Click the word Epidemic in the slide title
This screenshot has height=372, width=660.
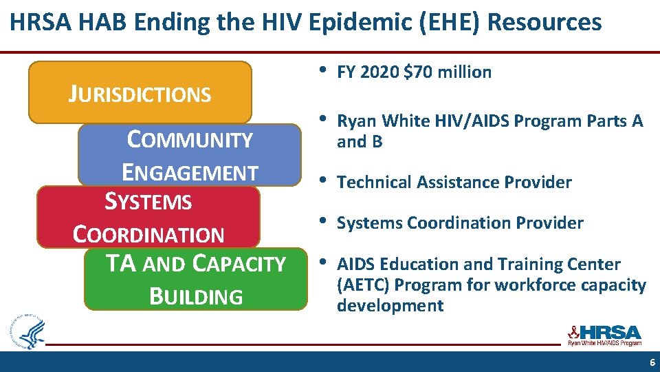(x=357, y=23)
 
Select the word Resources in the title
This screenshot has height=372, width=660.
(x=544, y=23)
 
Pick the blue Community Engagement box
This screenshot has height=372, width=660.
(x=190, y=155)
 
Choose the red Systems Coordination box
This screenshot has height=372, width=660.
(x=148, y=217)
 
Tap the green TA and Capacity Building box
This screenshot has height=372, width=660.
(x=196, y=279)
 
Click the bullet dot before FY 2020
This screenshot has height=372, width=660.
(x=322, y=70)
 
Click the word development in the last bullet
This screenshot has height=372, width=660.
(x=390, y=306)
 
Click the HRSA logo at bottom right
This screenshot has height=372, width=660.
(x=604, y=335)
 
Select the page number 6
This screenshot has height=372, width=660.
(x=652, y=362)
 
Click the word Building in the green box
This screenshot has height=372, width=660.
(x=196, y=297)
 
